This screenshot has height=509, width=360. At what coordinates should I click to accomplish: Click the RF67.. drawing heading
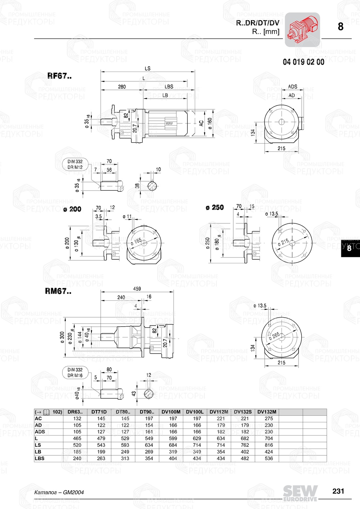click(x=59, y=76)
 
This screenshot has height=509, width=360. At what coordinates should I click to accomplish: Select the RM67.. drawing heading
click(x=58, y=291)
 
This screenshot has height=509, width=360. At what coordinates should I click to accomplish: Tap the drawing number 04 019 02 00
click(x=303, y=62)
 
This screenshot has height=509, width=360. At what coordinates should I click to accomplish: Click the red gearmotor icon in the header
click(x=302, y=30)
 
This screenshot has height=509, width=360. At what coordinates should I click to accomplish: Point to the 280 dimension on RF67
click(x=122, y=87)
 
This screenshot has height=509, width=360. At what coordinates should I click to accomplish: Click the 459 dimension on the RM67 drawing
click(x=137, y=288)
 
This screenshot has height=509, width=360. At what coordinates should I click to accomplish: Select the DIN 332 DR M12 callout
click(x=75, y=164)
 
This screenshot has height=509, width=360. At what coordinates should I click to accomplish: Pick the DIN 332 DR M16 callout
click(x=75, y=373)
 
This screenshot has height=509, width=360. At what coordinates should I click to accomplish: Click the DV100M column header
click(x=171, y=412)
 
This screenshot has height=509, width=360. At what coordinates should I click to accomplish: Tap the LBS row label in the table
click(x=40, y=458)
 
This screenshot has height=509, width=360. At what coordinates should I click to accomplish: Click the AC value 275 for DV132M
click(x=269, y=418)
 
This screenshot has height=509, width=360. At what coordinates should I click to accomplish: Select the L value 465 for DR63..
click(x=77, y=438)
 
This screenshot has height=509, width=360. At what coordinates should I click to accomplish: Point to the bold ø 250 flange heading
click(x=215, y=208)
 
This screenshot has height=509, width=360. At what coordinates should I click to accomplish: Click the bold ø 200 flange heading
click(x=72, y=209)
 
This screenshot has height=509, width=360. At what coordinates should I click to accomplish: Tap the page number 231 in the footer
click(x=338, y=491)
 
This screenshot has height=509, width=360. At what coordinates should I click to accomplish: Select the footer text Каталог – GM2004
click(x=59, y=492)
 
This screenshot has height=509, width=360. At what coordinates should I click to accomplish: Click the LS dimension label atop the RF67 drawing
click(x=147, y=68)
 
